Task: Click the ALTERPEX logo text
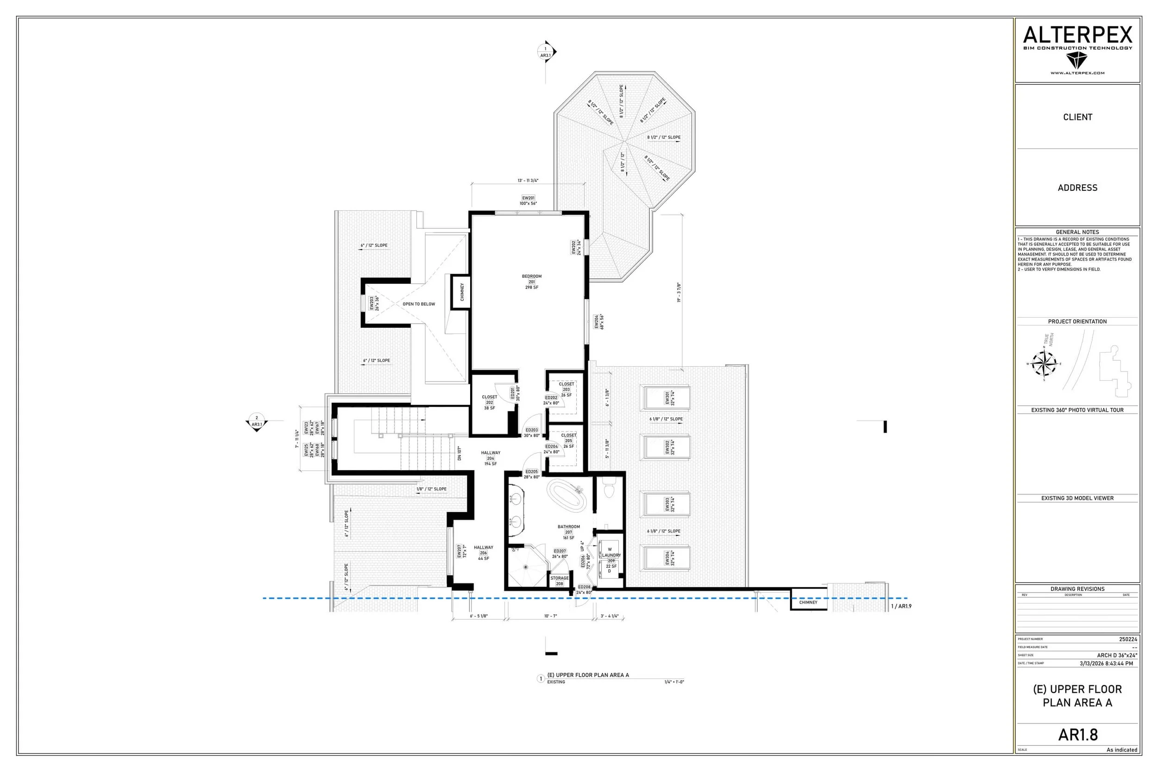(1077, 35)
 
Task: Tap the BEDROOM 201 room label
(531, 282)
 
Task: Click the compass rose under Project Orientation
(1043, 364)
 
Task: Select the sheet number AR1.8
(1078, 734)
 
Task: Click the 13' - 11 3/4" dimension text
(528, 181)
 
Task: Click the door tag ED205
(531, 471)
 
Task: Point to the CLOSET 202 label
(490, 402)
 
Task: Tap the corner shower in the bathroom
(525, 567)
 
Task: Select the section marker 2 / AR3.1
(257, 422)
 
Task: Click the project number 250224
(1128, 639)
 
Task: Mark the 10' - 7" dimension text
(550, 616)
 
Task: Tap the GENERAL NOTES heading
(1077, 232)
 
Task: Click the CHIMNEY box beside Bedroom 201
(462, 292)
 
